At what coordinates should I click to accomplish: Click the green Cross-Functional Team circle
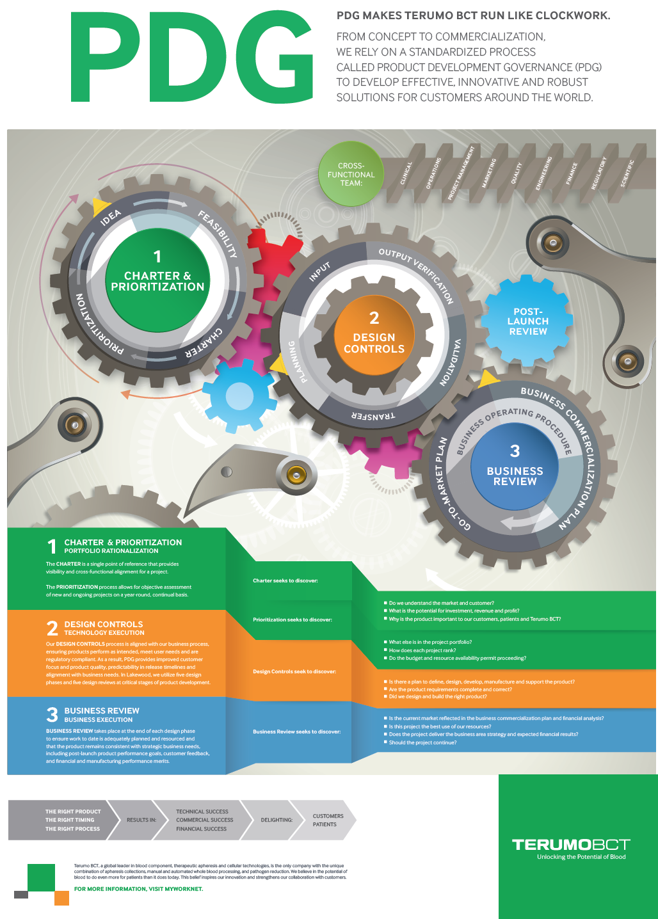point(351,174)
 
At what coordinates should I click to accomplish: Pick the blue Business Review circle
point(515,467)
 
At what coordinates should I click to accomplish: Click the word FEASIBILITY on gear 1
point(218,234)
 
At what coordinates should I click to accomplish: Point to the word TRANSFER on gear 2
point(373,416)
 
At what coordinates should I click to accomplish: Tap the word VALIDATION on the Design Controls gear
point(451,362)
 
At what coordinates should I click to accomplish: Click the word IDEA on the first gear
point(111,218)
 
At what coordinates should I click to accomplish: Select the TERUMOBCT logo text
point(571,845)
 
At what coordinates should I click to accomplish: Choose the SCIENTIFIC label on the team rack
point(627,173)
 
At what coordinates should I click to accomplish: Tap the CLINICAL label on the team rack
point(406,173)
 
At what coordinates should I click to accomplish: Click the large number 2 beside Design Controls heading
point(52,628)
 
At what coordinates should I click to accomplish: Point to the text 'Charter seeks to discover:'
point(285,580)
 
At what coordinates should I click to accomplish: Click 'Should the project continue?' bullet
point(422,742)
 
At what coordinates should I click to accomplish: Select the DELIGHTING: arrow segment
point(277,820)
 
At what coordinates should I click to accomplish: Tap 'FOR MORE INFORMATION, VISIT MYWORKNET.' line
point(138,889)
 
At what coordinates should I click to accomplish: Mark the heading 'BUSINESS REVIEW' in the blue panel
point(102,710)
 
